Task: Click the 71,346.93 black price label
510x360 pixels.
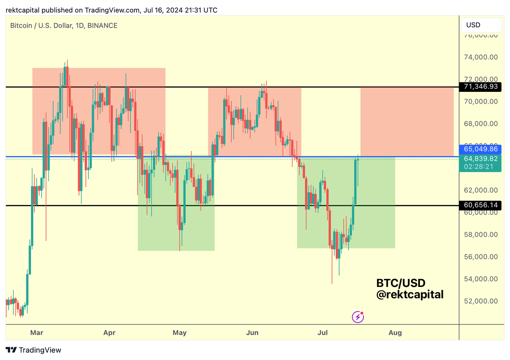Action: pos(481,87)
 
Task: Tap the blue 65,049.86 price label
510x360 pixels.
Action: pos(481,149)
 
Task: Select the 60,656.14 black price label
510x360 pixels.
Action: pos(481,205)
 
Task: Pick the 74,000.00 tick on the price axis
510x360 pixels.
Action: pos(481,57)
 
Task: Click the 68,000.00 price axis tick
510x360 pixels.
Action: pos(481,124)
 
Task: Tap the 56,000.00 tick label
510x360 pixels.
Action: pos(481,257)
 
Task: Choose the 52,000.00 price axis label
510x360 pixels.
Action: pos(481,301)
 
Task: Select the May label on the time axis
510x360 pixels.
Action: pos(180,332)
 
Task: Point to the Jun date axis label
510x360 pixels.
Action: pos(252,332)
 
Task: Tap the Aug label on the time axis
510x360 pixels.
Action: pos(395,332)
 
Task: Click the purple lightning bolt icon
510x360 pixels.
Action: pos(358,317)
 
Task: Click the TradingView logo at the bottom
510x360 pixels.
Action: pos(34,350)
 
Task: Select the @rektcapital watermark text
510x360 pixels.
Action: pos(410,294)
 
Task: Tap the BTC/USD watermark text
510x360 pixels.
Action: pos(401,283)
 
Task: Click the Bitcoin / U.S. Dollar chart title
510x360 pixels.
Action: pos(64,26)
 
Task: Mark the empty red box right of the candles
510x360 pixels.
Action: pos(407,122)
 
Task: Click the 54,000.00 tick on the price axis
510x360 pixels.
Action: pos(481,279)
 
